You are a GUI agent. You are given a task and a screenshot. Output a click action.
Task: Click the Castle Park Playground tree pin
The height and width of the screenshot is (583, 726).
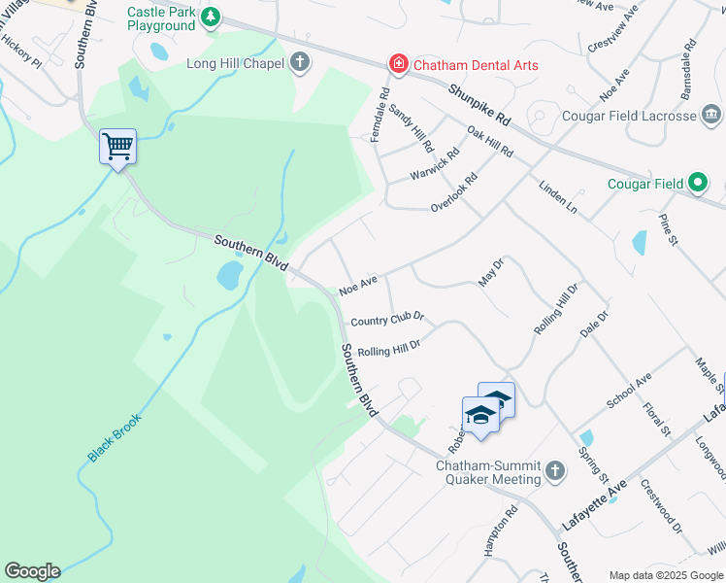[x=210, y=17]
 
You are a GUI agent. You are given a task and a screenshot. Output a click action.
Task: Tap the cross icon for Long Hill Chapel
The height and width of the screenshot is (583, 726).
[x=300, y=63]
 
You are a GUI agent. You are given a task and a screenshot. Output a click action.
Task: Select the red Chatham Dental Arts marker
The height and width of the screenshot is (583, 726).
[x=397, y=64]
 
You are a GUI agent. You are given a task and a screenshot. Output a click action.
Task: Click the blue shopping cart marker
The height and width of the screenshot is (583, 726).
[x=117, y=147]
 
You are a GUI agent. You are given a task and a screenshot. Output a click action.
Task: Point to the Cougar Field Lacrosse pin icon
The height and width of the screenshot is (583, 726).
[x=711, y=116]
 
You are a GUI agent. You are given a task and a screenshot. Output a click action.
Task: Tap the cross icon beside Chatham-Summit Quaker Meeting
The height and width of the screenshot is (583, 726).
[x=554, y=471]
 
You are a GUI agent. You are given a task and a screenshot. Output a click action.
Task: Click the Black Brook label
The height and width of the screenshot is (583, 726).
[x=115, y=438]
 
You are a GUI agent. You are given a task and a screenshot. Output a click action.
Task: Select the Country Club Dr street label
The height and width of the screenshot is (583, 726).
[x=387, y=320]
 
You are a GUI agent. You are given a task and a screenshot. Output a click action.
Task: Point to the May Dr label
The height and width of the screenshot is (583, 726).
[x=492, y=272]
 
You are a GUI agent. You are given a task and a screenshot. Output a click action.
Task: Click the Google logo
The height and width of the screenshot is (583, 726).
[x=32, y=571]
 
